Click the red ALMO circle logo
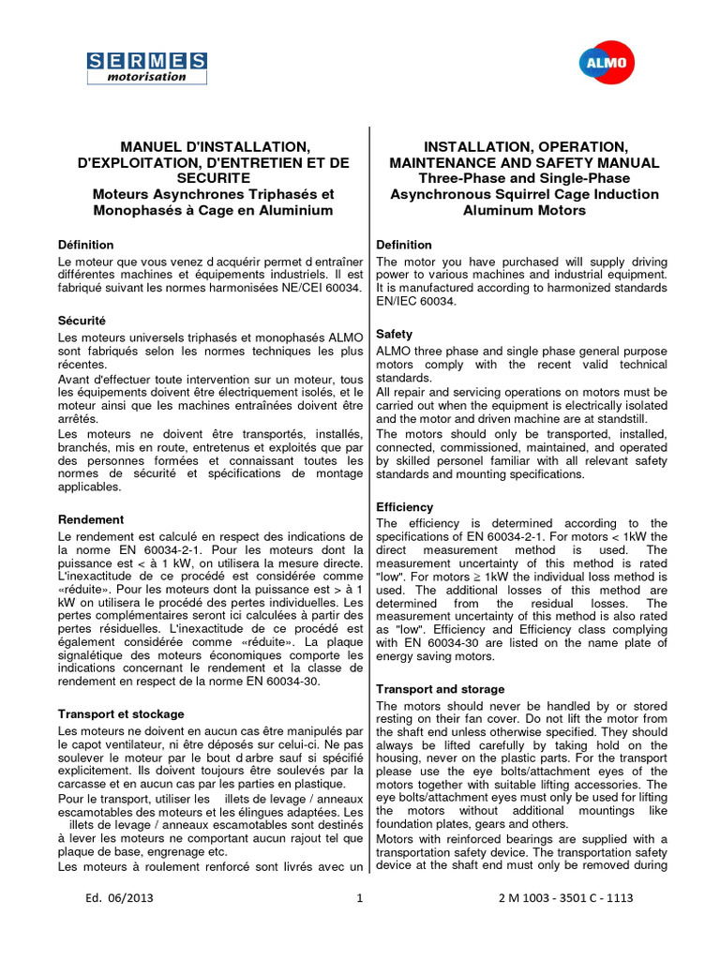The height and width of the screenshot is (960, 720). [x=604, y=64]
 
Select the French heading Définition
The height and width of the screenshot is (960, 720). [x=85, y=245]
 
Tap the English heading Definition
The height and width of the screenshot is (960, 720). [x=404, y=245]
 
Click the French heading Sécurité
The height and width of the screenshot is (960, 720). [x=82, y=320]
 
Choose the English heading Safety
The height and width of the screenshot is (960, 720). [x=395, y=334]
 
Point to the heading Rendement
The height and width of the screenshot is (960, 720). [x=91, y=518]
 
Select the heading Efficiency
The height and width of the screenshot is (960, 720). [x=405, y=507]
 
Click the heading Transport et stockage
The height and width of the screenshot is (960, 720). [x=121, y=713]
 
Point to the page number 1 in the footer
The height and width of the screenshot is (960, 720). [x=360, y=898]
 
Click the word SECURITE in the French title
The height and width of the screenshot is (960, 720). [x=212, y=178]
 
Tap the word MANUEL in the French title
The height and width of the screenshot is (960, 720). [x=149, y=147]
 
